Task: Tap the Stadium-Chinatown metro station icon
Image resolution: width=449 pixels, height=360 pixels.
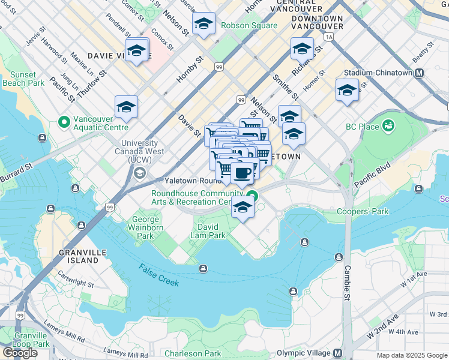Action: [420, 73]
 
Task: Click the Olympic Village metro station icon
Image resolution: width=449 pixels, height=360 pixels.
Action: [337, 353]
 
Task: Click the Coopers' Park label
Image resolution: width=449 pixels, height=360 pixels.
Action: [362, 211]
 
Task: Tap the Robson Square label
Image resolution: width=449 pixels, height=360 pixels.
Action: [249, 26]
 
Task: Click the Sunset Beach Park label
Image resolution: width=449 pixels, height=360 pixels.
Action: [23, 79]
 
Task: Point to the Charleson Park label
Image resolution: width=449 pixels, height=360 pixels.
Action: [188, 353]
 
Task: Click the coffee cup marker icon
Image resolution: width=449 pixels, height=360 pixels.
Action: [242, 173]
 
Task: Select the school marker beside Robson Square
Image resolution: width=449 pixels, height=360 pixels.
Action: [204, 24]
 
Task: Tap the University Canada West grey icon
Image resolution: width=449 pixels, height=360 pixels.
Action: [140, 173]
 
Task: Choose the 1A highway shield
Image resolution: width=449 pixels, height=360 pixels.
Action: [328, 37]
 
